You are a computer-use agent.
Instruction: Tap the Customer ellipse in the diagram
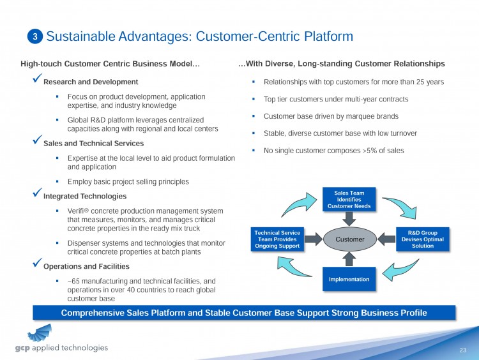click(x=349, y=239)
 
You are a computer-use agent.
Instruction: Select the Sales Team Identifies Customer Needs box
click(x=349, y=199)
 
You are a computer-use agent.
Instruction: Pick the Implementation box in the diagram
click(x=349, y=279)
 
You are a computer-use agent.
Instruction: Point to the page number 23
click(x=463, y=350)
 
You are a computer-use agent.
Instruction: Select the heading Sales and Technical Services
click(x=93, y=144)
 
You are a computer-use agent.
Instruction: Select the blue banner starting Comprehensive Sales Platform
click(x=243, y=312)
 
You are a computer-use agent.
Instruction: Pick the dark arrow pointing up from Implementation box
click(x=349, y=258)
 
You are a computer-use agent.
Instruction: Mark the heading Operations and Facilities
click(x=86, y=266)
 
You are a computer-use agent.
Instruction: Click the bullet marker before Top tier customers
click(x=254, y=100)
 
